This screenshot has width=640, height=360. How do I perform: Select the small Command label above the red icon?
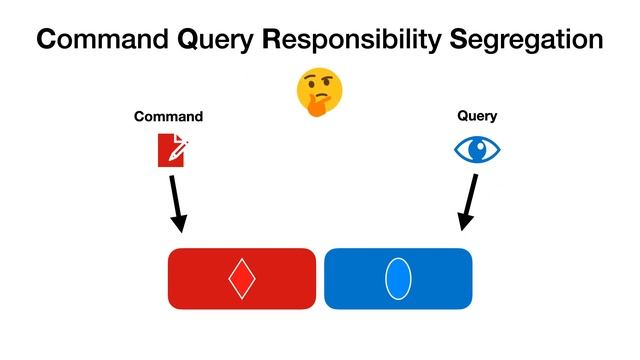pos(168,117)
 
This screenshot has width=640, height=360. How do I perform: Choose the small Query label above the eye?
pos(477,116)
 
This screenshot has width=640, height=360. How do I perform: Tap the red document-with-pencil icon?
pos(169,150)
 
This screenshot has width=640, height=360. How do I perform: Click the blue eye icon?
pos(477,150)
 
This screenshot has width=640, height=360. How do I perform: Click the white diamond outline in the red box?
pos(241,278)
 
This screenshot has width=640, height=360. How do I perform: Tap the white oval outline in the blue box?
pos(398,278)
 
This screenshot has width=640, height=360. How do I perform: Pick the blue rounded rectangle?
pos(440,278)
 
